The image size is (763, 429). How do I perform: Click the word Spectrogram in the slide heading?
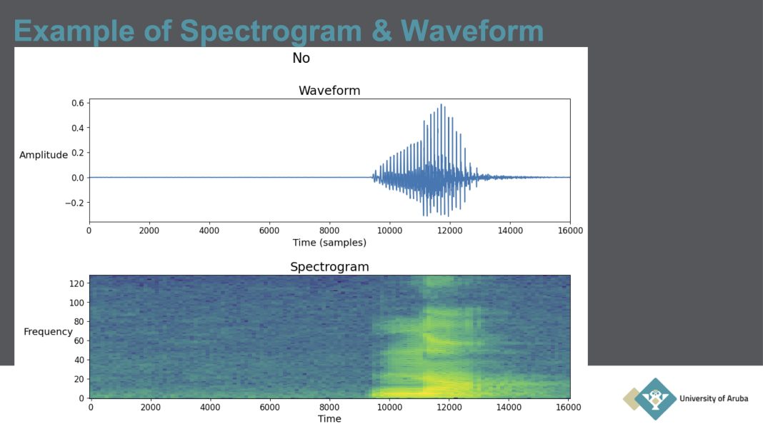[x=271, y=31]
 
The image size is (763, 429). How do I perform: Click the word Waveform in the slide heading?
[x=472, y=31]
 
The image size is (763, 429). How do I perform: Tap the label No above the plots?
[x=301, y=58]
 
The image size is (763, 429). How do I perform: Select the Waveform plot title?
[x=329, y=91]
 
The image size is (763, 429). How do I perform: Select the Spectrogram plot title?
[x=329, y=266]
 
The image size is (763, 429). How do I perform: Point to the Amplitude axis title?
[x=44, y=155]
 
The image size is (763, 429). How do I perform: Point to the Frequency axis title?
[x=48, y=332]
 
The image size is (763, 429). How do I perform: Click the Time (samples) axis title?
[x=329, y=242]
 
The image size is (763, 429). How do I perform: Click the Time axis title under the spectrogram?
[x=329, y=419]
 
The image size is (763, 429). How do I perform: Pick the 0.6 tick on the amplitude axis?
[x=77, y=103]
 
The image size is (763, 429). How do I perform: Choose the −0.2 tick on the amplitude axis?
[x=74, y=203]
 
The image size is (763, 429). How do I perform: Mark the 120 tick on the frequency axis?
[x=76, y=283]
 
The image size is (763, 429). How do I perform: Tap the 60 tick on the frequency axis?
[x=79, y=340]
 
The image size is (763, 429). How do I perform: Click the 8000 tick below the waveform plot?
[x=329, y=231]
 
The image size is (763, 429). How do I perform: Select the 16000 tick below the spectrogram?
[x=569, y=407]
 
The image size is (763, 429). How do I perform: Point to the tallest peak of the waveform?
[x=442, y=105]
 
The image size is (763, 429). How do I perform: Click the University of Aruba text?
[x=714, y=398]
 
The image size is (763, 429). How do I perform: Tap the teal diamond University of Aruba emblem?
[x=655, y=399]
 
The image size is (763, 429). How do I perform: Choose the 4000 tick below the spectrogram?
[x=210, y=407]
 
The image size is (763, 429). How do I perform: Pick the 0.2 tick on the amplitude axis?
[x=77, y=153]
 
